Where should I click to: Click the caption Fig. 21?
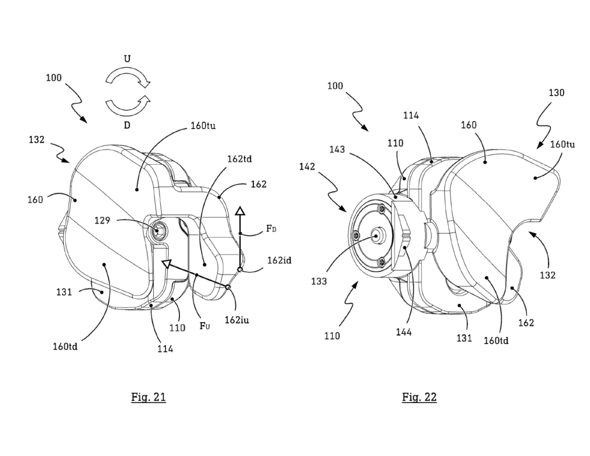pos(148,397)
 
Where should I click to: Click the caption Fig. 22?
pos(419,397)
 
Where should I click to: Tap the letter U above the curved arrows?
pos(127,59)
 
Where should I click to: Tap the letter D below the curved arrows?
pos(127,126)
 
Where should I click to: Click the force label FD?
pos(271,230)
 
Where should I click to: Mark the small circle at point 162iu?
pos(228,287)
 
